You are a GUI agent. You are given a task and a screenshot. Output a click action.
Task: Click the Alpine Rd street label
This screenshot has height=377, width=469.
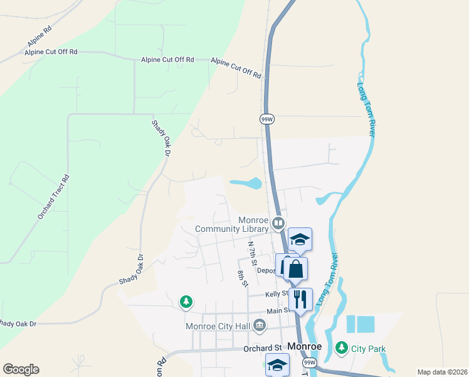(x=39, y=37)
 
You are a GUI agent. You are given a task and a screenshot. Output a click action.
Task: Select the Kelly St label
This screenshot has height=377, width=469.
(x=276, y=293)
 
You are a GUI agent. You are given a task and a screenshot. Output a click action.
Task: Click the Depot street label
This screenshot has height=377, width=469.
(x=266, y=271)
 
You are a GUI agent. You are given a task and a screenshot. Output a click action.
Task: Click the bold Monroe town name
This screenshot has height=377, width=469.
(x=305, y=346)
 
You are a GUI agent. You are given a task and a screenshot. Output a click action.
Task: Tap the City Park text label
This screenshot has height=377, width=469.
(x=368, y=349)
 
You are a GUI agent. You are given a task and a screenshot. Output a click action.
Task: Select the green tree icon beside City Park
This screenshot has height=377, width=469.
(x=341, y=347)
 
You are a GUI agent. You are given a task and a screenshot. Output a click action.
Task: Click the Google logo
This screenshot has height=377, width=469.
(x=21, y=369)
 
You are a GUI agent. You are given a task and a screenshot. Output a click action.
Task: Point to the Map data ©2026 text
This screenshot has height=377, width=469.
(x=441, y=372)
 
